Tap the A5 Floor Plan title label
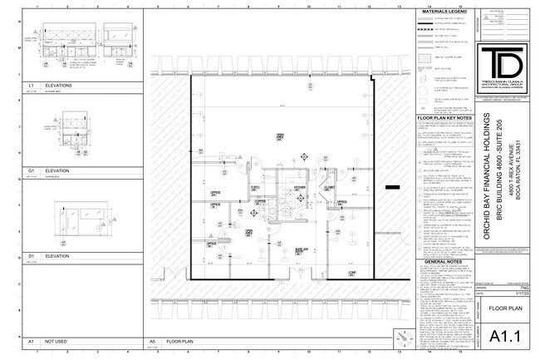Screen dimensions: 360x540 tap(179, 341)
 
